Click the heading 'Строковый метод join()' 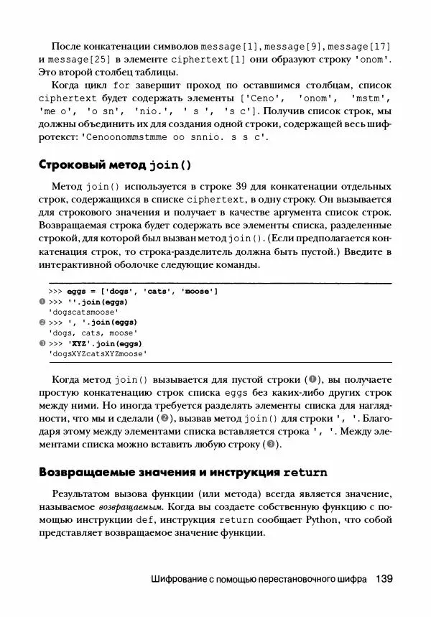pyautogui.click(x=115, y=164)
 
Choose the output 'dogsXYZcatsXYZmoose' pyautogui.click(x=98, y=354)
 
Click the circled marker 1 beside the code pyautogui.click(x=42, y=302)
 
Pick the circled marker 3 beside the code pyautogui.click(x=42, y=344)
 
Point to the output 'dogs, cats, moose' pyautogui.click(x=92, y=333)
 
